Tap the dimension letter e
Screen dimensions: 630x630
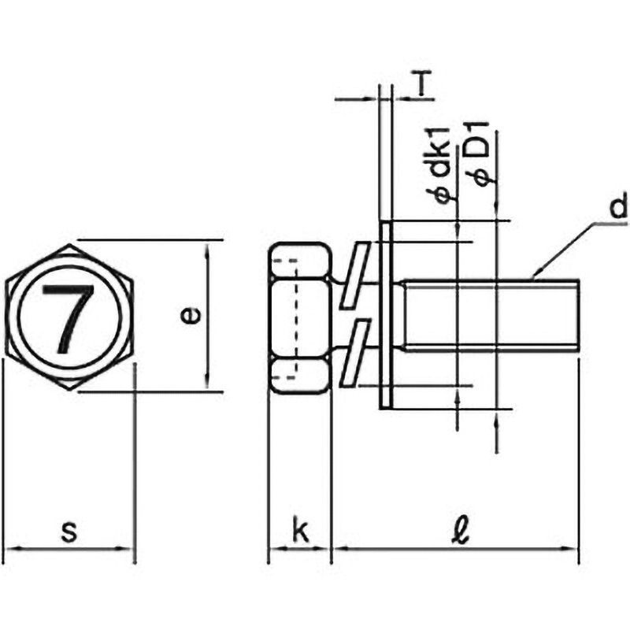pyautogui.click(x=190, y=316)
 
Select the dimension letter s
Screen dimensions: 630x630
pyautogui.click(x=69, y=531)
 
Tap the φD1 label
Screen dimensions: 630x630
pyautogui.click(x=480, y=154)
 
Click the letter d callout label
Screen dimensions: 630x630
pyautogui.click(x=617, y=206)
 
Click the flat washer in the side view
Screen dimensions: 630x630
pyautogui.click(x=386, y=315)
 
